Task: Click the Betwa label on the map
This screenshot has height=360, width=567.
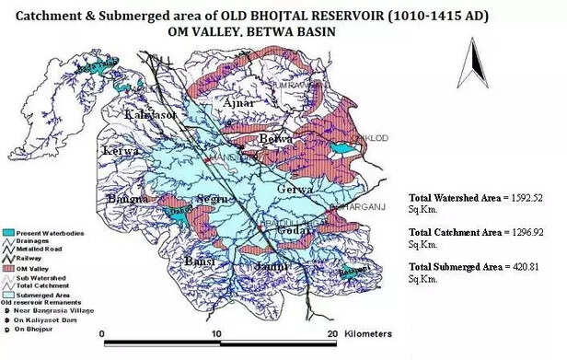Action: [x=270, y=139]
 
